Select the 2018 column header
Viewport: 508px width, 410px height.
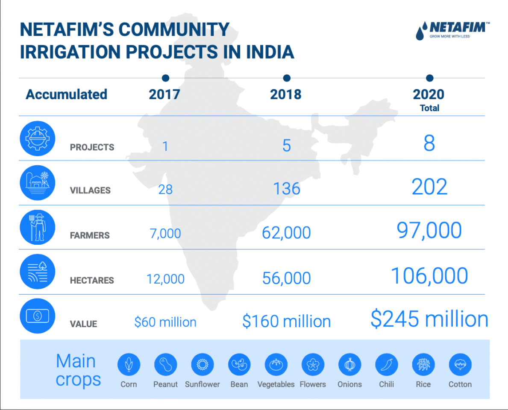[x=286, y=94]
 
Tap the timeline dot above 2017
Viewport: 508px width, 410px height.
[x=165, y=78]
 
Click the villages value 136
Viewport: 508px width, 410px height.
[x=287, y=188]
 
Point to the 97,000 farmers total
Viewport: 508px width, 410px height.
[x=429, y=230]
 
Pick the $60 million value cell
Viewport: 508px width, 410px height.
[x=165, y=322]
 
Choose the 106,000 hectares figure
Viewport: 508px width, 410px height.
[x=429, y=276]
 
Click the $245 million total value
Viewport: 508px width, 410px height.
[x=429, y=319]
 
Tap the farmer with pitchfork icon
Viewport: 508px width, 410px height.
[x=38, y=227]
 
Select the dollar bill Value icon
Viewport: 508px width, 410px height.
[x=38, y=316]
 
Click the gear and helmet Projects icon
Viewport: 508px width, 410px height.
[x=38, y=139]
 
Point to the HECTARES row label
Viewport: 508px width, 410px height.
[x=92, y=281]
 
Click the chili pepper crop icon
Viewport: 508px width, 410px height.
[x=387, y=365]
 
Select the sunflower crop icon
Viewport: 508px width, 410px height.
[x=203, y=365]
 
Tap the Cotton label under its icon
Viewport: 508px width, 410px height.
[x=460, y=384]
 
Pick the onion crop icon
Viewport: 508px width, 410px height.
[x=349, y=365]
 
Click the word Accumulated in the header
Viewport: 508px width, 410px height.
[x=66, y=94]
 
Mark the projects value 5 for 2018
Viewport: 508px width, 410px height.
[x=287, y=146]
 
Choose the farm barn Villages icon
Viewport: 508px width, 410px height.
[x=38, y=183]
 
